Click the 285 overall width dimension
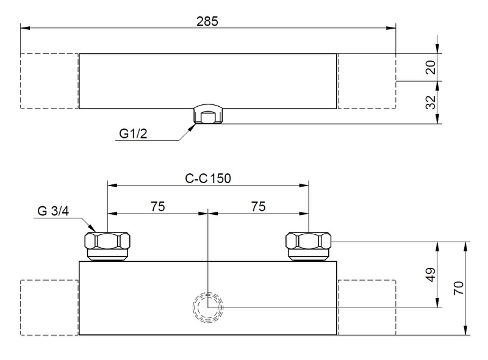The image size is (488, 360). pos(207,21)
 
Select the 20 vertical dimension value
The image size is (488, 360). pos(431,67)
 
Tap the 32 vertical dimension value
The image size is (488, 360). pos(431,102)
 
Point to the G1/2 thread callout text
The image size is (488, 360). pos(133,134)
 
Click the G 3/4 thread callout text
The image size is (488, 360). pos(53,211)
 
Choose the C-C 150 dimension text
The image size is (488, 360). pos(208,178)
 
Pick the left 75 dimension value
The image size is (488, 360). pos(158,206)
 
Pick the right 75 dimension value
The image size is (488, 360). pos(258,206)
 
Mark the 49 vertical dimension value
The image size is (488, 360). pos(431,275)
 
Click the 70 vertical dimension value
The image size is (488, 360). pos(459,288)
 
